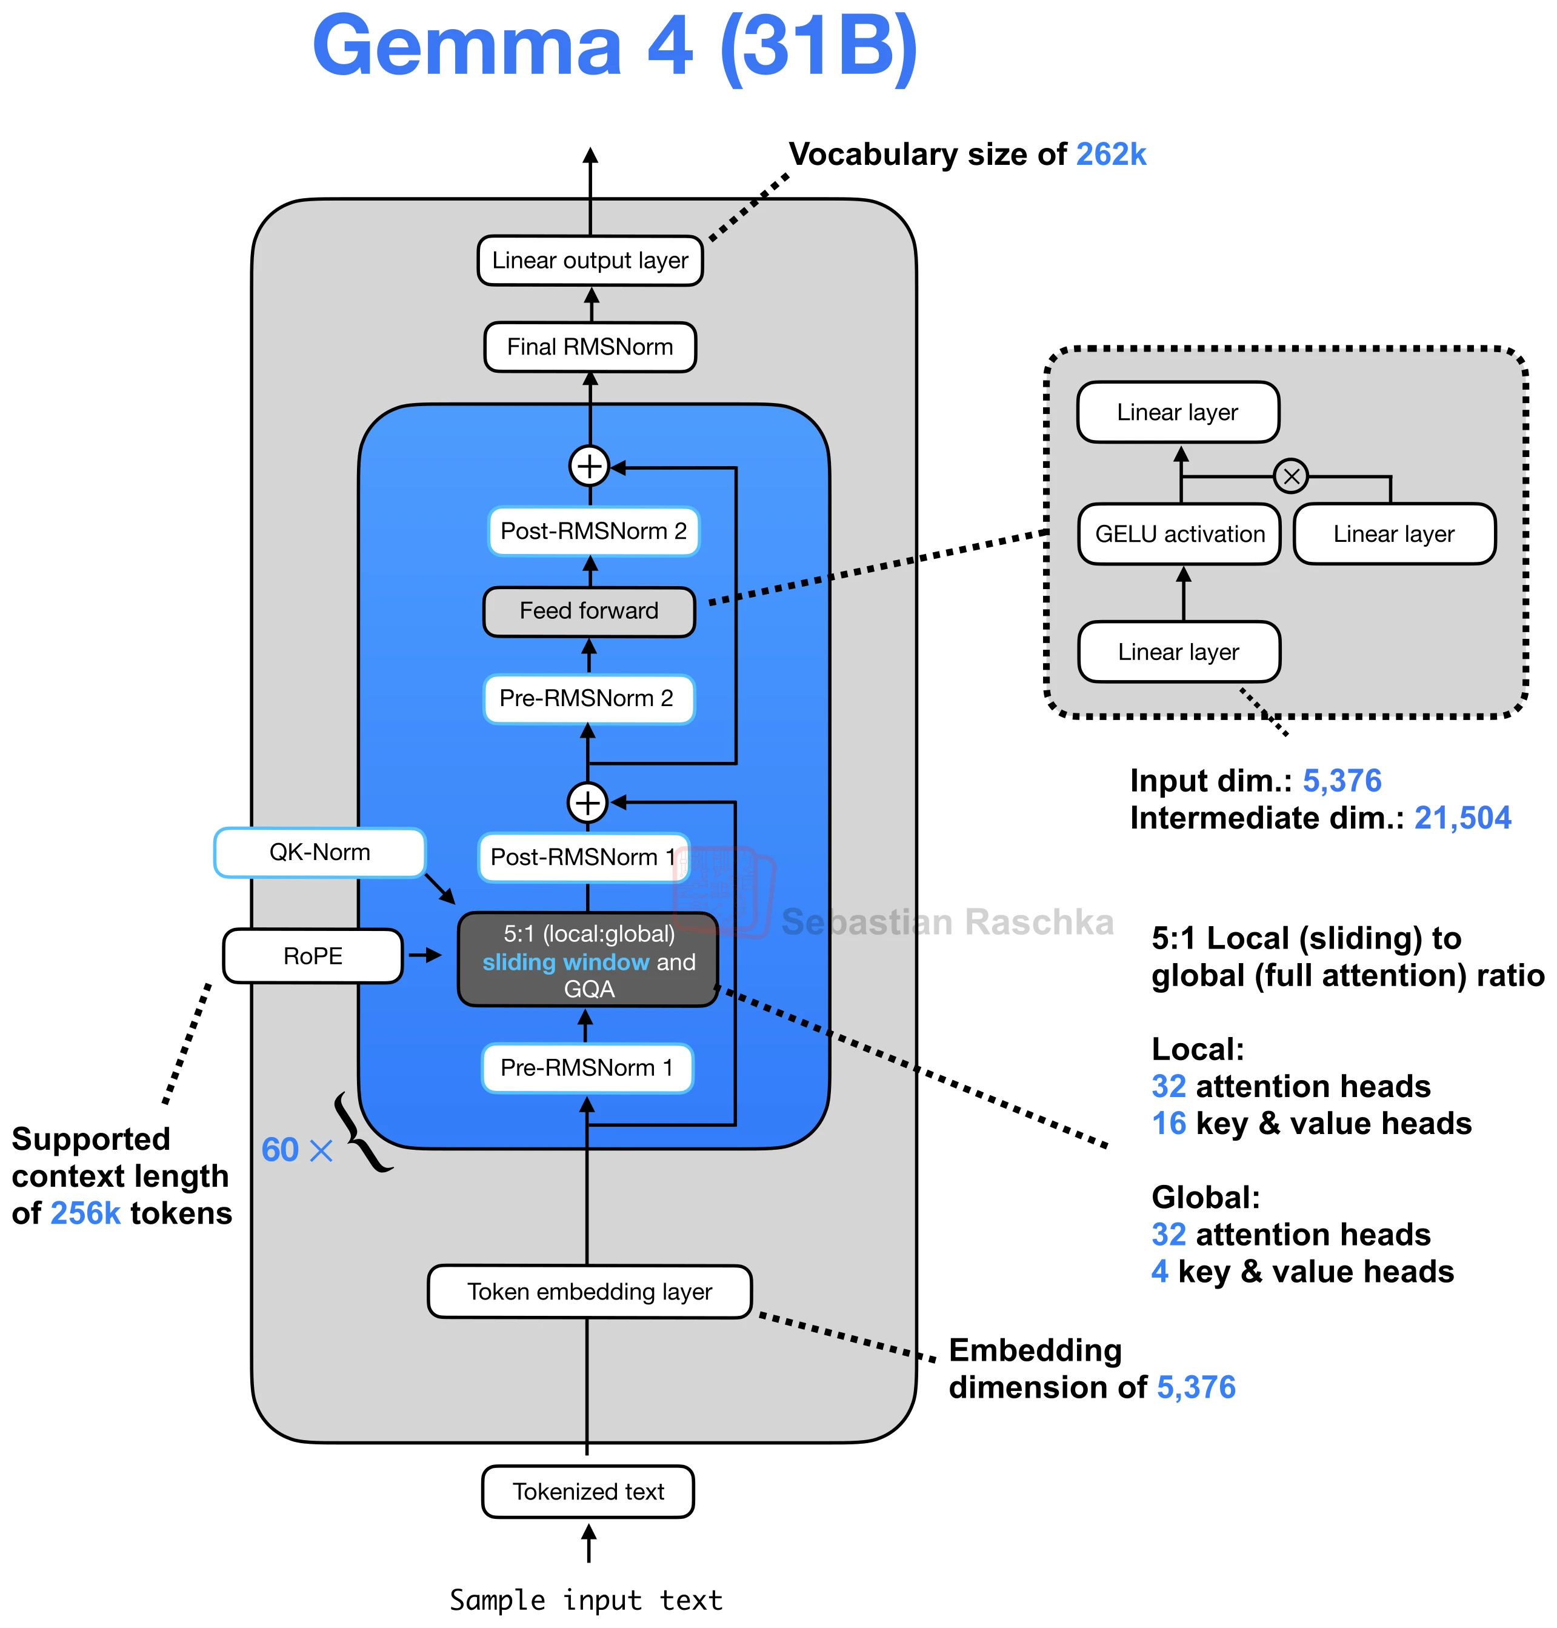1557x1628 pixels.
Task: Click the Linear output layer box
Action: tap(590, 261)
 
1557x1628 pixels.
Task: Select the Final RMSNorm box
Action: tap(590, 347)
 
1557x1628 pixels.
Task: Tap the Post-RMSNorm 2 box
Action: tap(593, 532)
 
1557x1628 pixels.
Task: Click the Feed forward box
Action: tap(589, 612)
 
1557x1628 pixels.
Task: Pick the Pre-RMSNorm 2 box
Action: tap(588, 699)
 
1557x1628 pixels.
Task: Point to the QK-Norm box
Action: tap(319, 853)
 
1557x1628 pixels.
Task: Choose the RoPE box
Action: tap(313, 956)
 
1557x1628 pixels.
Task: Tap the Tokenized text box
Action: tap(588, 1492)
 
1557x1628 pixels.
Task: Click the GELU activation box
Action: tap(1179, 535)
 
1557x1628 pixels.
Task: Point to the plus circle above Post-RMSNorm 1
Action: tap(588, 803)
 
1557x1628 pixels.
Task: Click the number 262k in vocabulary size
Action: tap(1112, 155)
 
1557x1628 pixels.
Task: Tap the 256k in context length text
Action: tap(85, 1214)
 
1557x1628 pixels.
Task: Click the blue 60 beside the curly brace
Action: tap(279, 1150)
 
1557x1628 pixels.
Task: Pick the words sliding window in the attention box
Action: tap(566, 962)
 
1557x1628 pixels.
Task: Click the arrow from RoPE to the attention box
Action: tap(425, 956)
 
